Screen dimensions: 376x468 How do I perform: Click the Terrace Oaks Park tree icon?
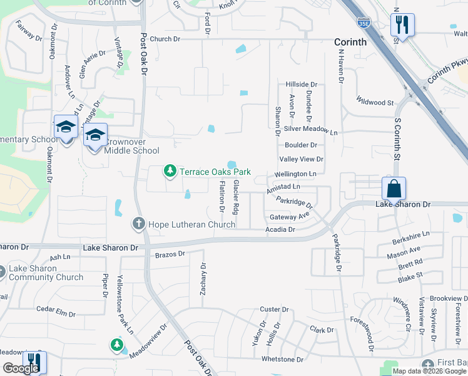coord(169,170)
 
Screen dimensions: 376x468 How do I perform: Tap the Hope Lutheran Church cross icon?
coord(139,223)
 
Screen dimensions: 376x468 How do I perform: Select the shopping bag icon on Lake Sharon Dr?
coord(394,188)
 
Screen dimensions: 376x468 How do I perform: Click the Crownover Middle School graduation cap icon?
coord(95,136)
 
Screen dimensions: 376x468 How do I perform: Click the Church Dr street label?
coord(165,39)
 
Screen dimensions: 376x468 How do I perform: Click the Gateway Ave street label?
coord(290,217)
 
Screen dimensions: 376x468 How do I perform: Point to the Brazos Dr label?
coord(170,254)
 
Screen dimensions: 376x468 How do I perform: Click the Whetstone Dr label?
coord(282,359)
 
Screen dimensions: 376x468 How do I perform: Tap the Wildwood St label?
coord(374,101)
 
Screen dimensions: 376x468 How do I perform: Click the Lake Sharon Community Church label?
coord(46,273)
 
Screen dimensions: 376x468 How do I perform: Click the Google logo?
coord(21,368)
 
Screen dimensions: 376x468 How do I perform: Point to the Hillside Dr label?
coord(302,84)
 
